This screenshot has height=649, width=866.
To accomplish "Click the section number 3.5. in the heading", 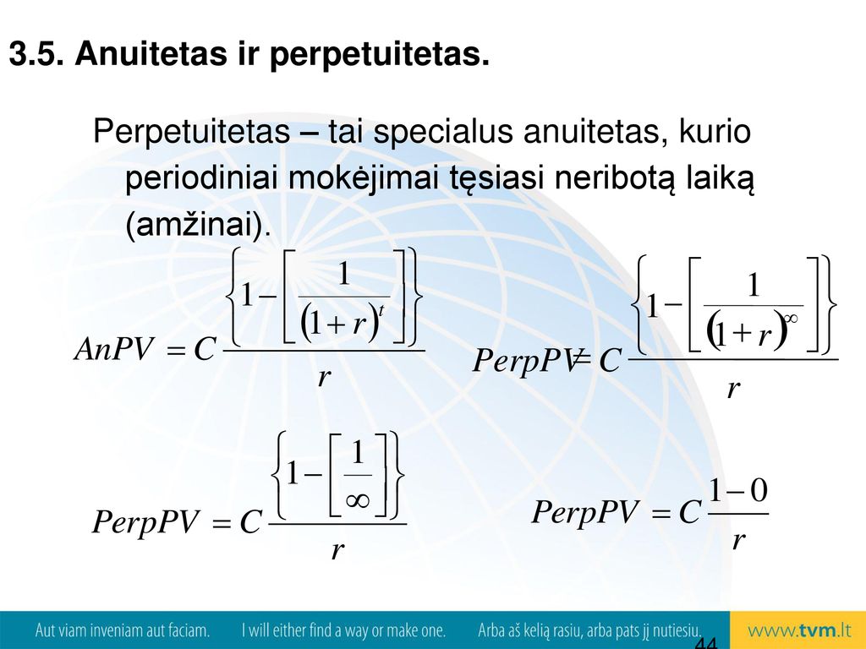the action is pyautogui.click(x=36, y=54).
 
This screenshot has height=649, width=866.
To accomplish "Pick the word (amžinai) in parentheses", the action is pyautogui.click(x=198, y=225).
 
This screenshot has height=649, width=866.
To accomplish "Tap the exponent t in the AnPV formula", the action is pyautogui.click(x=381, y=313).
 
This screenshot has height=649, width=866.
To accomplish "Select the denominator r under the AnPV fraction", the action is pyautogui.click(x=324, y=378).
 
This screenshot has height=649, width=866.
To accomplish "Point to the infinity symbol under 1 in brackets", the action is pyautogui.click(x=358, y=500).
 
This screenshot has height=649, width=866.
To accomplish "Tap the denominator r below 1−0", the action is pyautogui.click(x=738, y=541).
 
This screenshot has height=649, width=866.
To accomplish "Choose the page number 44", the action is pyautogui.click(x=706, y=642).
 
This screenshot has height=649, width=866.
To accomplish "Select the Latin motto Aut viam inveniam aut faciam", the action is pyautogui.click(x=122, y=630).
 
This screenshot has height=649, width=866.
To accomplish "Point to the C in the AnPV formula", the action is pyautogui.click(x=204, y=349).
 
